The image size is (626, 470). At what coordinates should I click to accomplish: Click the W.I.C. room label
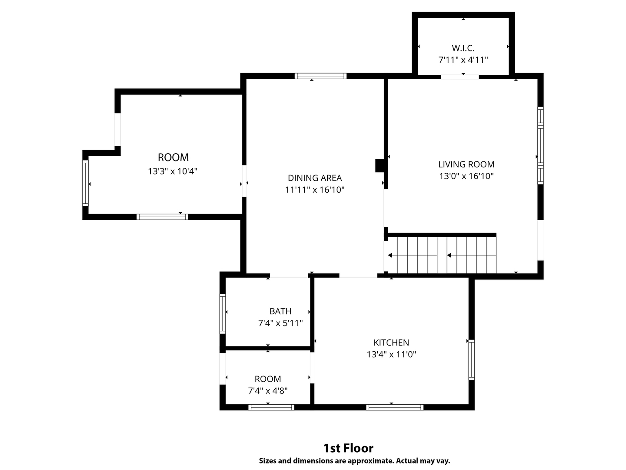coord(463,48)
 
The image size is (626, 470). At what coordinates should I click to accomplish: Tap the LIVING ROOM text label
coord(466,164)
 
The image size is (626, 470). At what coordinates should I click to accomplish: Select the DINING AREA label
coord(315,178)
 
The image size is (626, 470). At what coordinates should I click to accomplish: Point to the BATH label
coord(281,311)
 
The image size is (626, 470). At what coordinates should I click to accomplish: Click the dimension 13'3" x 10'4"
coord(173,171)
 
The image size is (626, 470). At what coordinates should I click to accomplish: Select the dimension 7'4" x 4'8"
coord(268,390)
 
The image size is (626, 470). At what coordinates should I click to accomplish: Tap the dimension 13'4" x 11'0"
coord(391,354)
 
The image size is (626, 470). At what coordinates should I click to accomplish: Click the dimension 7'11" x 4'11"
coord(463,60)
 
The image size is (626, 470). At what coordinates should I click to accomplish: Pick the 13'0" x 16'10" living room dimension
coord(466,176)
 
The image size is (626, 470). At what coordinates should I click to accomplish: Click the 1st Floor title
coord(348,448)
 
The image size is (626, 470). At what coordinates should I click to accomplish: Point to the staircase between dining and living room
coord(442,255)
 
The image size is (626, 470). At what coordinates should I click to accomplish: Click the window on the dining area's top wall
coord(320,76)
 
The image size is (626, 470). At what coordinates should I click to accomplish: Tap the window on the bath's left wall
coord(223,314)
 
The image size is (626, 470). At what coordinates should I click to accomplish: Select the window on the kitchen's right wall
coord(472,359)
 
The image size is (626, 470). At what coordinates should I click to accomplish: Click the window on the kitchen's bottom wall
coord(395,407)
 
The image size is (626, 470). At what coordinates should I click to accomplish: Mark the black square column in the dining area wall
coord(380,165)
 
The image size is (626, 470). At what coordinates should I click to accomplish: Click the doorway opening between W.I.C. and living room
coord(460,77)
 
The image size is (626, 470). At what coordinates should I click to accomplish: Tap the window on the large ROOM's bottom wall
coord(162,217)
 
